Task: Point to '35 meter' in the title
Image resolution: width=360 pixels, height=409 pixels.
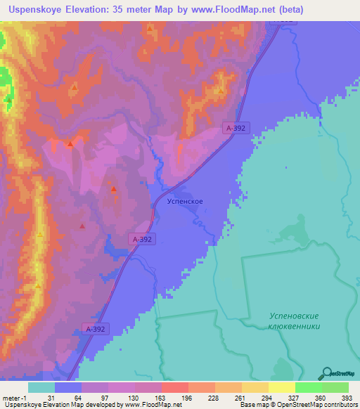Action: pos(148,9)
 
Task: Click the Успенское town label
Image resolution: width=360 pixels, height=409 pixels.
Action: pos(186,201)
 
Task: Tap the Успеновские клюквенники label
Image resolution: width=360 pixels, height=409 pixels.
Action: pos(295,321)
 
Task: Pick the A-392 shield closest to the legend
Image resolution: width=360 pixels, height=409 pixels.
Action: pos(96,328)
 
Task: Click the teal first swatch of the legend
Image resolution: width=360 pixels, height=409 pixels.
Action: pos(41,387)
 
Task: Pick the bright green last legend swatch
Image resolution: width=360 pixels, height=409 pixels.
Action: pos(335,387)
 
